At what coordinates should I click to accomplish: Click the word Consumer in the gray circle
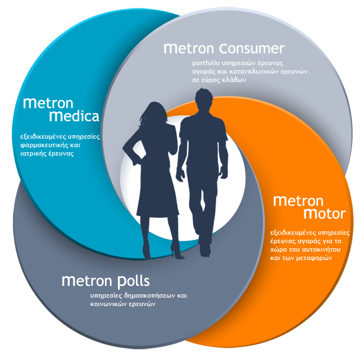coord(252,48)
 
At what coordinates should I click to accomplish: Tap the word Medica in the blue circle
coord(74,116)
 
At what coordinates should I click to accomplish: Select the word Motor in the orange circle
coord(325,214)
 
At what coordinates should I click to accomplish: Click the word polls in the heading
coord(134,281)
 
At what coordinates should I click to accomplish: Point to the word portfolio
coord(206,63)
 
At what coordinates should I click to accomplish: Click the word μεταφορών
coord(314,258)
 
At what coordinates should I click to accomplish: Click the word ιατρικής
coord(34,154)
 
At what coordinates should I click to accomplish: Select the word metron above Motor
coord(298,201)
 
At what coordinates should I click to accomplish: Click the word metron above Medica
coord(48,103)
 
